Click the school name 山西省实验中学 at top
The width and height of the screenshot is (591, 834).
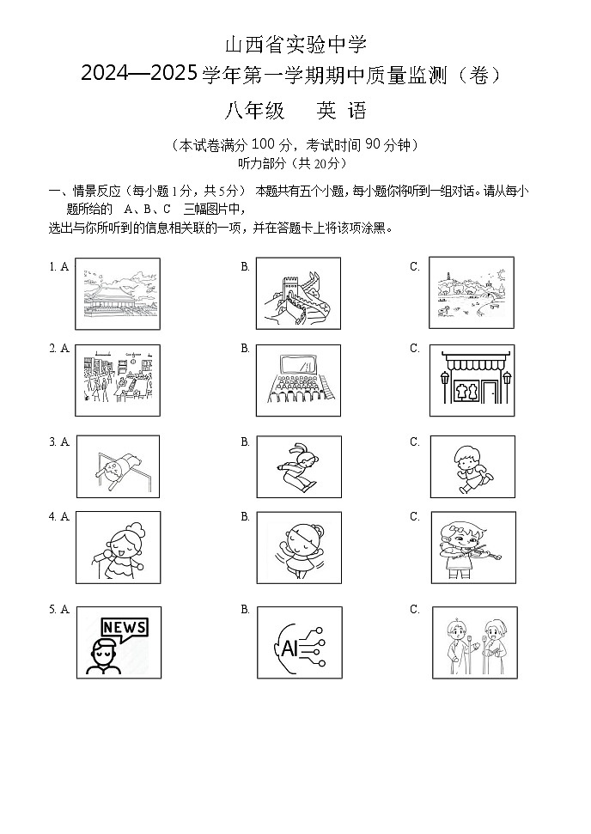(295, 45)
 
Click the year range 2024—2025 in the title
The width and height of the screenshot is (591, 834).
(140, 76)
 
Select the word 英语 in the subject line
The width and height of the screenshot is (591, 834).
(341, 111)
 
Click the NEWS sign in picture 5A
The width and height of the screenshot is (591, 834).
(124, 627)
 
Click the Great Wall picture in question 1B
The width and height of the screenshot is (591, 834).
(299, 294)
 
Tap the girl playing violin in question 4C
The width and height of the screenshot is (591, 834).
(473, 547)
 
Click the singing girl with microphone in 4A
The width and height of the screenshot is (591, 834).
(119, 547)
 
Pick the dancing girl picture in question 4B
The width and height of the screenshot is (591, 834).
(299, 547)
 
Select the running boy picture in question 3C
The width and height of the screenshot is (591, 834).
(472, 466)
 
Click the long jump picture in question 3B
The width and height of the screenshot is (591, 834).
(299, 466)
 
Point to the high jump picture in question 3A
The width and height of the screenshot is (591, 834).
(119, 466)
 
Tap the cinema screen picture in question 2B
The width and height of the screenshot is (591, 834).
(299, 380)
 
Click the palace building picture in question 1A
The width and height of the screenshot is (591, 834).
(119, 294)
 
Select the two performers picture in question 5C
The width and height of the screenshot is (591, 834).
(474, 642)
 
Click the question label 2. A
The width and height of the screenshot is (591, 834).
(59, 348)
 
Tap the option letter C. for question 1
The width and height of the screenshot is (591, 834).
(415, 266)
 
